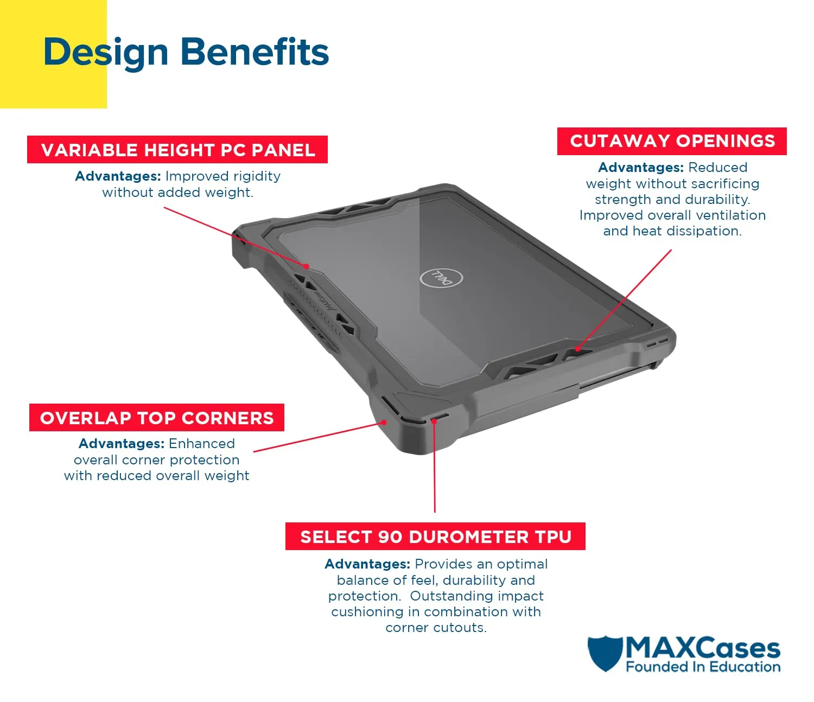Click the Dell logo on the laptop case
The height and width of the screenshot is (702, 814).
coord(441,278)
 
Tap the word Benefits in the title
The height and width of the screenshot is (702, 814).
coord(255,52)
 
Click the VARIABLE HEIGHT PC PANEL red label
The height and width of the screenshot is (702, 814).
coord(177,150)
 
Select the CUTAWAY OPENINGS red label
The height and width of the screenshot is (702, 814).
coord(672,141)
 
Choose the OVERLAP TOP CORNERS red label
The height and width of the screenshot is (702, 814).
coord(157,418)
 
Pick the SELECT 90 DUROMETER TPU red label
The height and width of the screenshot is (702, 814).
coord(436,537)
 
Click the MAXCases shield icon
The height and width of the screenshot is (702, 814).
coord(605,653)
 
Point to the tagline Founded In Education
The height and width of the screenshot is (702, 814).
coord(703,667)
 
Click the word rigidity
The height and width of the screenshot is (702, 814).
coord(257,176)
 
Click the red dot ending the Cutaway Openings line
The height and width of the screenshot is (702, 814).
coord(577,349)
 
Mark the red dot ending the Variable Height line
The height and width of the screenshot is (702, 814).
coord(307,266)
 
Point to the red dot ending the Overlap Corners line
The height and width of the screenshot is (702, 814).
coord(384,423)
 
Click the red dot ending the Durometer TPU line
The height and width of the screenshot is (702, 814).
coord(434,422)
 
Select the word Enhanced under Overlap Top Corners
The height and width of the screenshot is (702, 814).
coord(202,443)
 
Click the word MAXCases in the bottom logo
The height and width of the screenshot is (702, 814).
coord(703,648)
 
